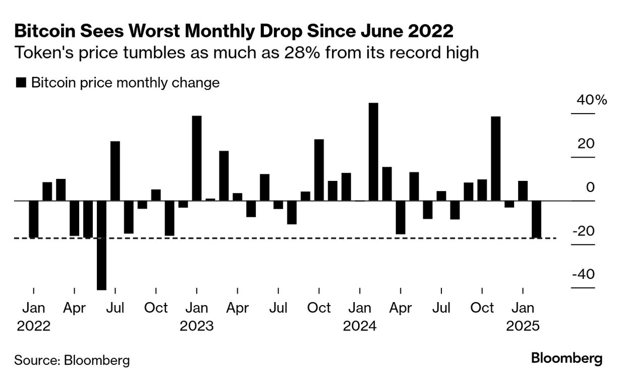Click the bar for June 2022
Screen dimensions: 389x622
[x=101, y=245]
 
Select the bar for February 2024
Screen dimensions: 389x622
[x=373, y=152]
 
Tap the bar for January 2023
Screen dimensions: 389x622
[x=197, y=158]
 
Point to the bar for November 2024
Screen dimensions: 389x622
[x=495, y=159]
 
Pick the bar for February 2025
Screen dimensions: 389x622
[x=536, y=220]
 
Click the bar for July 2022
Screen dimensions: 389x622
[x=115, y=171]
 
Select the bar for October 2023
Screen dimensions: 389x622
[x=319, y=170]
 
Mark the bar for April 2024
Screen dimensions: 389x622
[x=401, y=217]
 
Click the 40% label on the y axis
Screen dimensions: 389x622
[x=591, y=100]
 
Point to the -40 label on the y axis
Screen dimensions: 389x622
[x=583, y=274]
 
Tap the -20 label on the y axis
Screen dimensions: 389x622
[x=583, y=231]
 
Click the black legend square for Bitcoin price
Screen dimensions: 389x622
[x=21, y=83]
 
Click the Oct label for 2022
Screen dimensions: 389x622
[x=156, y=308]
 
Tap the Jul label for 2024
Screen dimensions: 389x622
[x=441, y=308]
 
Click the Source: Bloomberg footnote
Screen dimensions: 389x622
[x=72, y=360]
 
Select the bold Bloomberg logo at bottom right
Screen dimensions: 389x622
[x=567, y=359]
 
